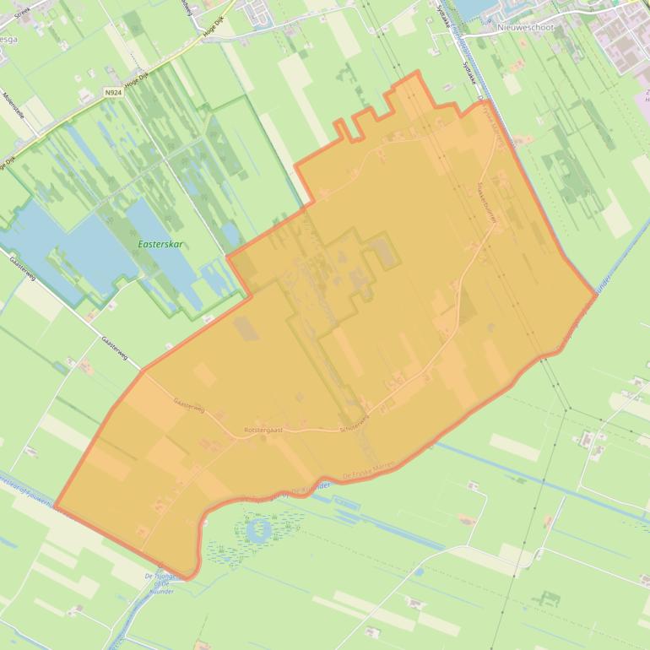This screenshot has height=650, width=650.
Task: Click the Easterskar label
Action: (160, 244)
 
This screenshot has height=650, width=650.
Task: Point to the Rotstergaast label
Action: (263, 430)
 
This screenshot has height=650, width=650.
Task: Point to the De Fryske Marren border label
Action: (368, 476)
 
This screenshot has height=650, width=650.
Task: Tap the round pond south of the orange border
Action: (258, 529)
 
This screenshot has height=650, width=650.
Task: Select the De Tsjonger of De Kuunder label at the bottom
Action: (160, 581)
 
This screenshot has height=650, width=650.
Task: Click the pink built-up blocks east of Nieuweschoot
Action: (620, 38)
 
